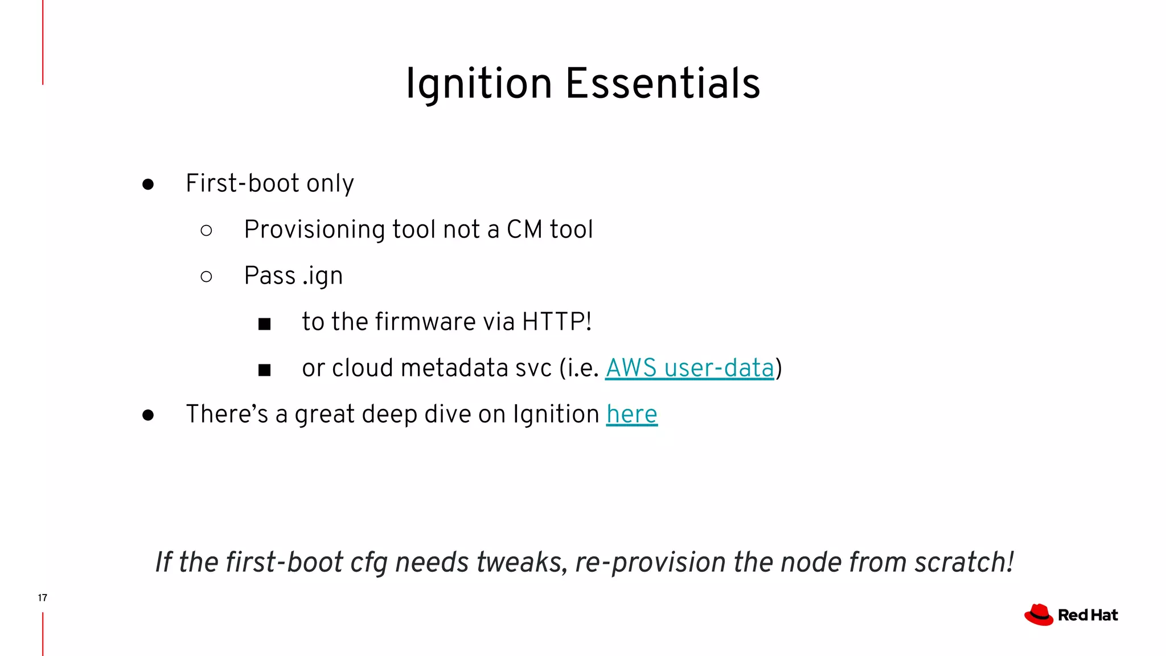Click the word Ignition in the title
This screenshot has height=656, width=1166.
click(x=478, y=84)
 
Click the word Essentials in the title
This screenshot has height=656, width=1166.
click(x=663, y=84)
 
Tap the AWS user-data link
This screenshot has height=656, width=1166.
click(x=689, y=368)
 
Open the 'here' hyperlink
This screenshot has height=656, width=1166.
click(x=631, y=414)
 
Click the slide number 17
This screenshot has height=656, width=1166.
click(x=43, y=597)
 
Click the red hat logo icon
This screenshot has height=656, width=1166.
click(x=1038, y=615)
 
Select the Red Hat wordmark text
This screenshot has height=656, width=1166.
click(x=1088, y=616)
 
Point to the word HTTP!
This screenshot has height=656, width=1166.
click(x=557, y=322)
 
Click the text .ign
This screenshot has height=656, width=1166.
click(x=322, y=276)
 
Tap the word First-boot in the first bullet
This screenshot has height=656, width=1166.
click(x=243, y=183)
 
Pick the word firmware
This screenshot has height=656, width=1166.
click(x=426, y=322)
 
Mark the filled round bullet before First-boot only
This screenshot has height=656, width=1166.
click(x=148, y=184)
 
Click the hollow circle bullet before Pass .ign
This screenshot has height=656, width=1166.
click(x=207, y=277)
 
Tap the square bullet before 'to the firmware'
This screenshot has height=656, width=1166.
click(x=264, y=324)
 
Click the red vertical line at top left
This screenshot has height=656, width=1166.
click(x=43, y=43)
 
